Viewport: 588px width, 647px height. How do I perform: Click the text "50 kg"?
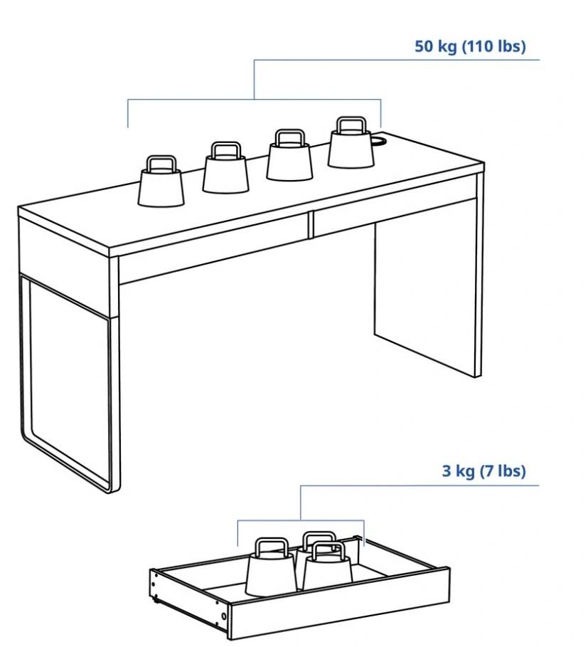pyautogui.click(x=436, y=46)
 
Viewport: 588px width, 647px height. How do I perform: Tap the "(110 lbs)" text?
pyautogui.click(x=493, y=46)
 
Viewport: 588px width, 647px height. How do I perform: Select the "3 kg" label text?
pyautogui.click(x=458, y=470)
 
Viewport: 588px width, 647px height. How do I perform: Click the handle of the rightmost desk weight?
pyautogui.click(x=351, y=125)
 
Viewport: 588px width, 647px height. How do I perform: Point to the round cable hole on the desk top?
pyautogui.click(x=378, y=140)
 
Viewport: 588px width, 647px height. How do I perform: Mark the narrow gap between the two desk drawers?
pyautogui.click(x=311, y=226)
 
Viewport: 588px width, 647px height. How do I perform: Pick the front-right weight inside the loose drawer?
pyautogui.click(x=328, y=566)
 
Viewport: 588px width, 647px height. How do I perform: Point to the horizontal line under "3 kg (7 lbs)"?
pyautogui.click(x=419, y=485)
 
